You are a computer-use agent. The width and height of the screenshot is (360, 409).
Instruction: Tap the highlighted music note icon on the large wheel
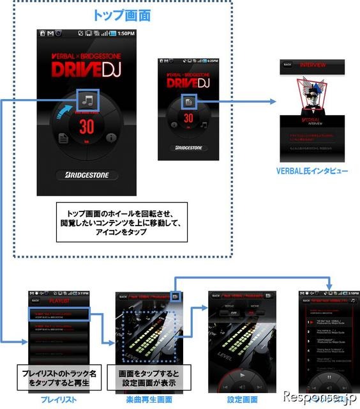click(x=87, y=100)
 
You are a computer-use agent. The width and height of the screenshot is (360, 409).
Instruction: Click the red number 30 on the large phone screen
click(x=88, y=128)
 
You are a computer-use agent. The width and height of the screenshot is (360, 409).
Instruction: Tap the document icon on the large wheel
click(x=64, y=138)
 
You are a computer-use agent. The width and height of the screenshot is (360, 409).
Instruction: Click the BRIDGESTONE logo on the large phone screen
click(x=87, y=174)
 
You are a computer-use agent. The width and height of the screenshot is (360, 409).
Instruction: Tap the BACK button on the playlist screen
click(x=36, y=300)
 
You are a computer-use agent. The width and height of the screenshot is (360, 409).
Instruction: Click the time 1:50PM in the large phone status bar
click(x=126, y=33)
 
